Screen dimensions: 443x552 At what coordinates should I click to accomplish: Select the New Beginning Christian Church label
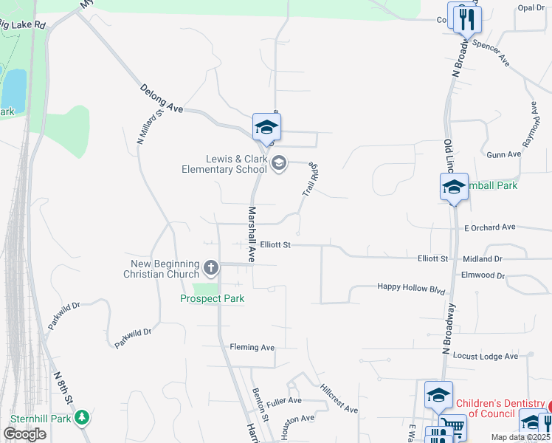click(165, 269)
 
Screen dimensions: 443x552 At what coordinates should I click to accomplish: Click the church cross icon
click(211, 267)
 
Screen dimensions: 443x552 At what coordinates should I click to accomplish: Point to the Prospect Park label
click(213, 298)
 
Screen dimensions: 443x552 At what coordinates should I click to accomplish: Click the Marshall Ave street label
click(251, 234)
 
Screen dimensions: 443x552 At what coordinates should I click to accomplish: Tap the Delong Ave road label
click(162, 97)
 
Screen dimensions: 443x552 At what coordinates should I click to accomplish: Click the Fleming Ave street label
click(252, 347)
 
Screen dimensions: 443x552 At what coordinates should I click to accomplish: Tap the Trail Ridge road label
click(310, 179)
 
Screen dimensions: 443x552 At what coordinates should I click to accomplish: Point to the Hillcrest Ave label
click(339, 399)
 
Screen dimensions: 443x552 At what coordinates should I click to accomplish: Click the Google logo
click(24, 434)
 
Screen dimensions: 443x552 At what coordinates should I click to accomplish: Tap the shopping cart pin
click(452, 426)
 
